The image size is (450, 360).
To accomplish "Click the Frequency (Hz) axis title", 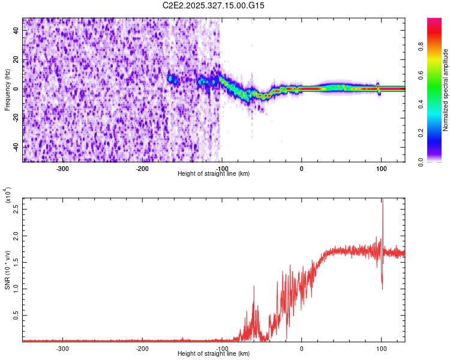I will pyautogui.click(x=7, y=89).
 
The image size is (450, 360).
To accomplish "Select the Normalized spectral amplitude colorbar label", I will pyautogui.click(x=446, y=90).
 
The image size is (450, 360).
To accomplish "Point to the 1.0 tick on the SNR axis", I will pyautogui.click(x=16, y=288).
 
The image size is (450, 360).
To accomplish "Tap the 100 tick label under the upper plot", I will pyautogui.click(x=380, y=169).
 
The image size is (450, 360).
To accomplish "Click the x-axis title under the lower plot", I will pyautogui.click(x=214, y=354).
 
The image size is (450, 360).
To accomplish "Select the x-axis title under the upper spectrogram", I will pyautogui.click(x=214, y=174).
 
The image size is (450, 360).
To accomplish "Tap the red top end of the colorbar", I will pyautogui.click(x=434, y=21).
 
